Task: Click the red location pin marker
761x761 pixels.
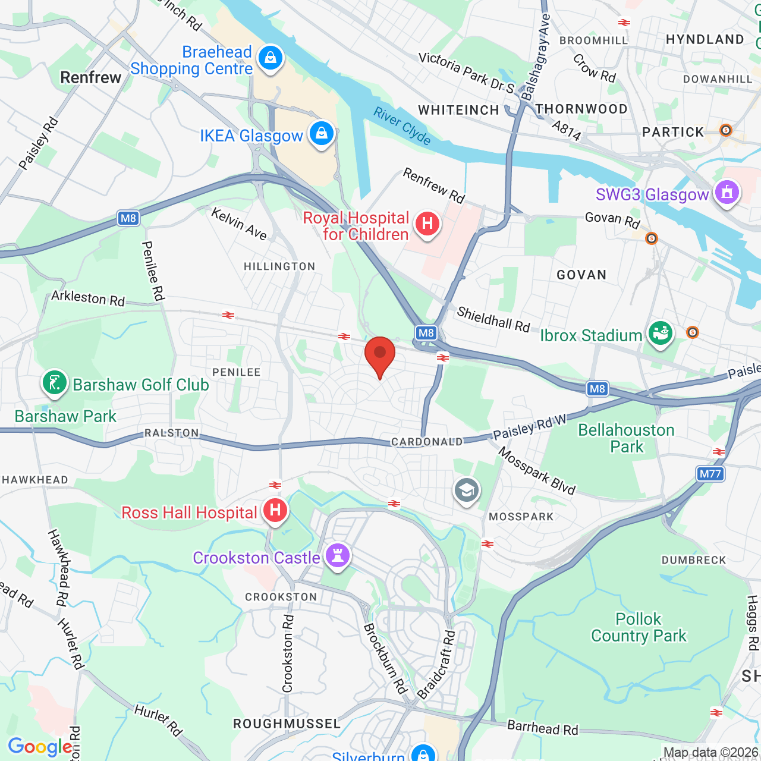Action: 379,354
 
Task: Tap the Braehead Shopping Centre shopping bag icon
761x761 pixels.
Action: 271,58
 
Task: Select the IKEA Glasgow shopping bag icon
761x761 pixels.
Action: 322,134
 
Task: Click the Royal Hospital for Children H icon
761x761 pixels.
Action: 427,224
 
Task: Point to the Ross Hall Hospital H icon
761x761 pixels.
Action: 275,510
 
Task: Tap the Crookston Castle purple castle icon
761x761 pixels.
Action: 338,556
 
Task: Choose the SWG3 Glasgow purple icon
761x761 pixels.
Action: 727,193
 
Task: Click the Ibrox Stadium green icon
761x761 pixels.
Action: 660,334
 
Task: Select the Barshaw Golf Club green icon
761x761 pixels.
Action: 54,383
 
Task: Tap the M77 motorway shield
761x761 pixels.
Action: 710,474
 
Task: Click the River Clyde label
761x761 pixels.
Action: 402,125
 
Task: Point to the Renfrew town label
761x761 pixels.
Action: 91,77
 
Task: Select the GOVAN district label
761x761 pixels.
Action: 581,275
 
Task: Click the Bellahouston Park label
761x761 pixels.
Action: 626,438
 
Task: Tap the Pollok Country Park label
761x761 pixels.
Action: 639,627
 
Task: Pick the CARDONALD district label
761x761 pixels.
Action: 426,442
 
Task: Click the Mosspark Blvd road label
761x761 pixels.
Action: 537,471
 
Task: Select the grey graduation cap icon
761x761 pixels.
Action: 467,490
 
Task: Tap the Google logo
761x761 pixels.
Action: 40,747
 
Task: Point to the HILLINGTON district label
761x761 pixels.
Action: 279,266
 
